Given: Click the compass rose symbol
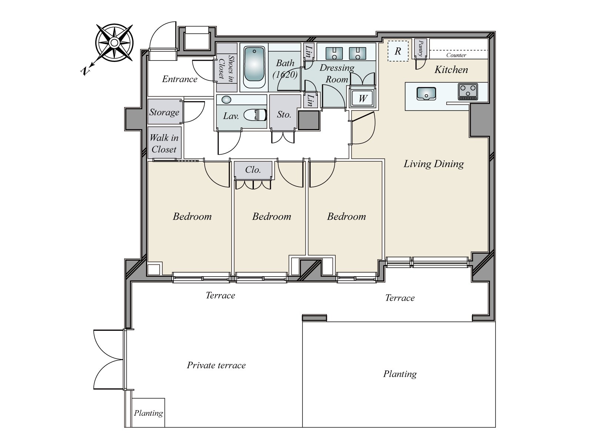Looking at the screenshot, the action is click(114, 43).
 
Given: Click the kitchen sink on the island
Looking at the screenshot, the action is click(426, 93).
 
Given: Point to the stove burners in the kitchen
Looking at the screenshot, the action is click(468, 92).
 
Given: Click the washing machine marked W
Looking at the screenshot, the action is click(362, 98).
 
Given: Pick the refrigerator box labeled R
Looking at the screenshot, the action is click(398, 51).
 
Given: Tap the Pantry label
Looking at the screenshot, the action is click(421, 48).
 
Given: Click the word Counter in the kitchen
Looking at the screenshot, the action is click(456, 55).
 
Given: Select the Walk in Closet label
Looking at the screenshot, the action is click(164, 143).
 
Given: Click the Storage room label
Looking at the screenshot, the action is click(164, 112).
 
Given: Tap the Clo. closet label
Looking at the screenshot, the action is click(253, 170).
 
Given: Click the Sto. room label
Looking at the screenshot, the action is click(284, 115).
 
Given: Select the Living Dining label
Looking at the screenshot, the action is click(434, 164).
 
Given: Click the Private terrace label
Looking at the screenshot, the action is click(216, 365).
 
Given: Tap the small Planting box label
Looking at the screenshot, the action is click(148, 413).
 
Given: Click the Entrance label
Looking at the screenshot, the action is click(180, 79).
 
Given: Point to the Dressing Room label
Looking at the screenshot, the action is click(337, 73).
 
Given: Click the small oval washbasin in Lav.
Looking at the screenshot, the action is click(226, 100).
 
